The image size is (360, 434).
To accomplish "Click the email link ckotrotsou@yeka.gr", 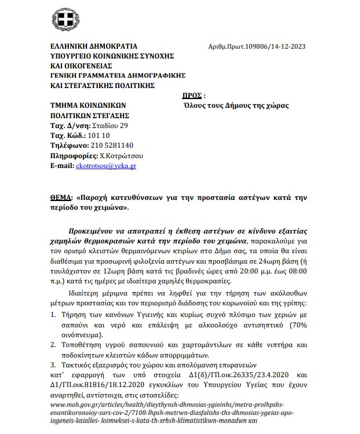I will coord(106,165).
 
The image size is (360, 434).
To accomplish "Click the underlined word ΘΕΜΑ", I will coord(62,197).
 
